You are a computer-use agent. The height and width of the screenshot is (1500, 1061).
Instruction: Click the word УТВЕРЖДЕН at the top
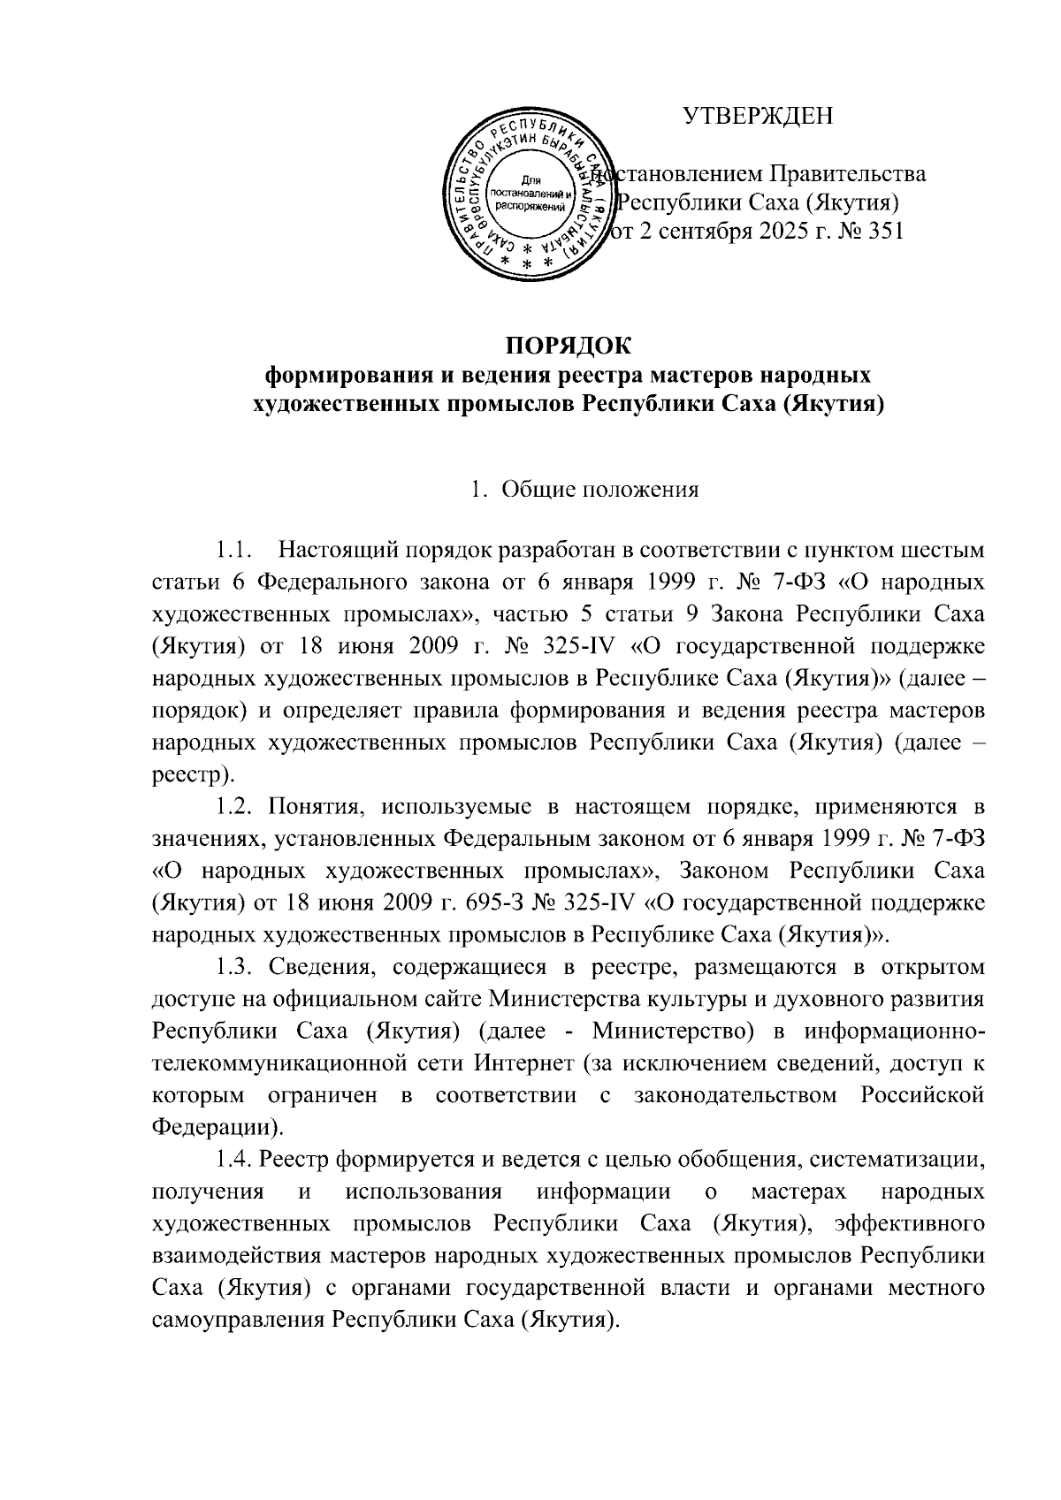(758, 116)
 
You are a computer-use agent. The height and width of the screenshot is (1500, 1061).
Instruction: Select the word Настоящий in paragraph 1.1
(336, 552)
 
